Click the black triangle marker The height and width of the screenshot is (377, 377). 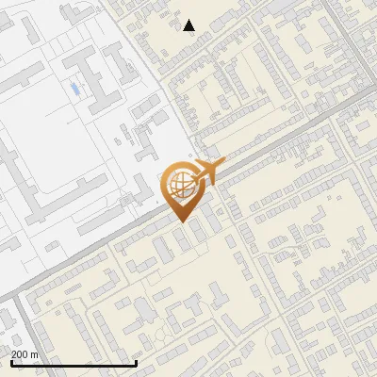coord(189,25)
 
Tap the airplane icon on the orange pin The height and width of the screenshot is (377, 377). coord(205,173)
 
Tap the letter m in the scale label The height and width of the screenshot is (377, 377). coord(34,354)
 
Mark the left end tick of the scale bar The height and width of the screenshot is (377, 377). coord(11,361)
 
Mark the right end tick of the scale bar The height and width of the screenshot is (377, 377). coord(137,361)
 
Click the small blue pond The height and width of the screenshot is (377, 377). coord(74,90)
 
